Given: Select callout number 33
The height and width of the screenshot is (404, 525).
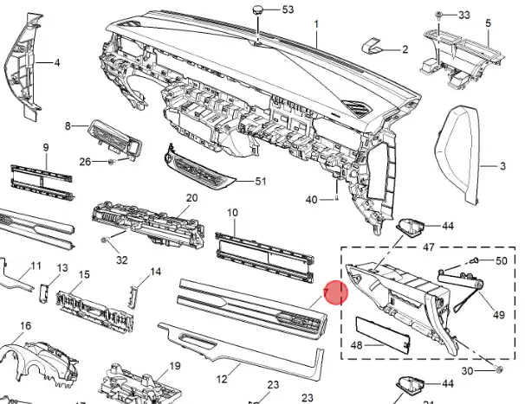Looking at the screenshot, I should pos(463,16).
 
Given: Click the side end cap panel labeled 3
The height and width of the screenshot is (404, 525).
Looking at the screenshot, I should pos(469,156).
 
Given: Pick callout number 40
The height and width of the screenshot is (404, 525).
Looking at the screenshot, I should pos(313,200).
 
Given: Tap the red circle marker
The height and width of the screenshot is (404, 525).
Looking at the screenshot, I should pos(334,292).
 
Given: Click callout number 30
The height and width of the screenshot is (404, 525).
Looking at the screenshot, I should pos(468,370).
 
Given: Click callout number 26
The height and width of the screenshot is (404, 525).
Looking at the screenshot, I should pos(85,162).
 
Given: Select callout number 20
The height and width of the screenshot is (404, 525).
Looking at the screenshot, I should pos(191,198).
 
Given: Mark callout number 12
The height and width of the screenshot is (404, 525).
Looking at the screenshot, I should pos(221,379).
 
